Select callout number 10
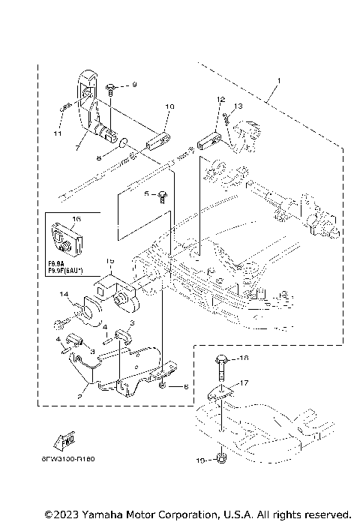169,107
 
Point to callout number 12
221,100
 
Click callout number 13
238,106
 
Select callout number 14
64,294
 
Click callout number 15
109,260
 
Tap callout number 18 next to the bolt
244,359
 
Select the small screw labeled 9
110,90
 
